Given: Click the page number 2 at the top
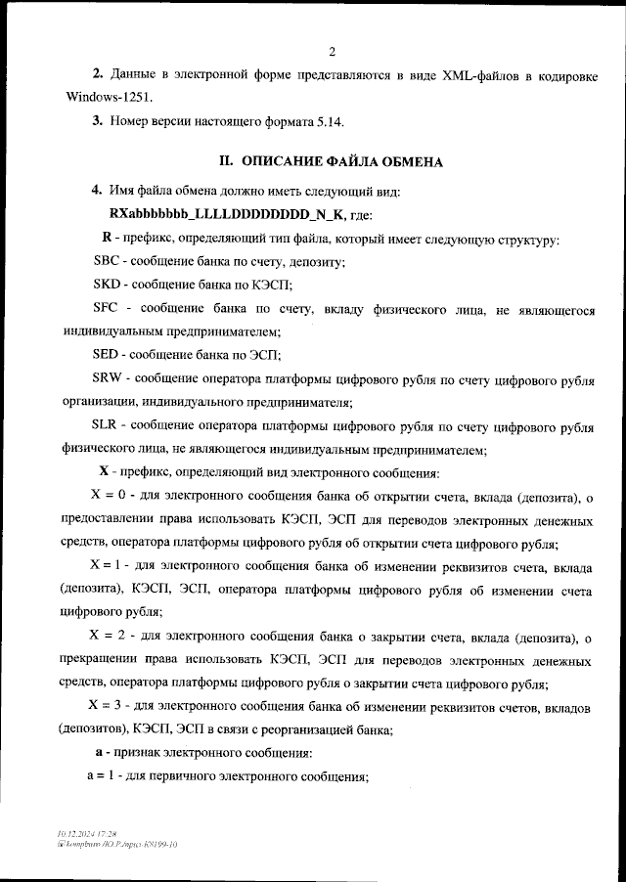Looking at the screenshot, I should [x=333, y=51].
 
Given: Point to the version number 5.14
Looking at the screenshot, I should [x=328, y=122].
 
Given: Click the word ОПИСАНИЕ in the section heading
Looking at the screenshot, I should [x=289, y=162].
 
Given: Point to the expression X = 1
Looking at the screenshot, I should [x=109, y=567].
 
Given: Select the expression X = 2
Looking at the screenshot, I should [x=110, y=638].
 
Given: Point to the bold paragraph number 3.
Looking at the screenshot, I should [x=97, y=122].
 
